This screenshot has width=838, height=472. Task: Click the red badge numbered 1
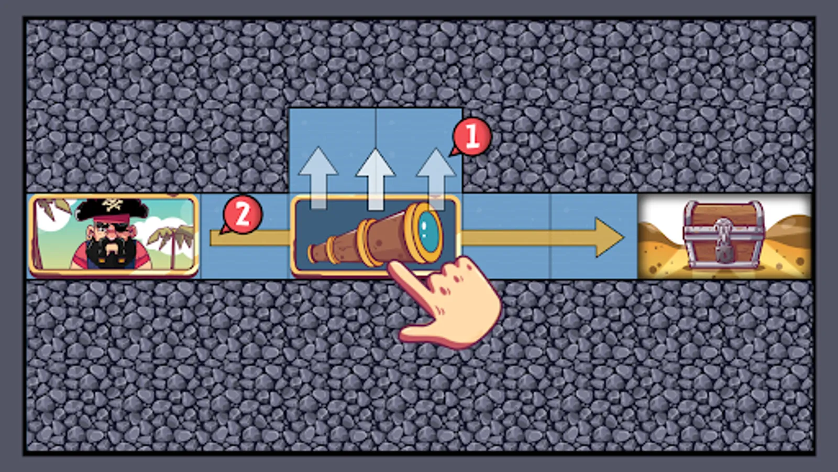pyautogui.click(x=471, y=137)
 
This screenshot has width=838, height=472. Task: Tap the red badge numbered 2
pyautogui.click(x=242, y=215)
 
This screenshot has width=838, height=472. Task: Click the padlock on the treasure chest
pyautogui.click(x=723, y=247)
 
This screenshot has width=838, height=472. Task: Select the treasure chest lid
pyautogui.click(x=723, y=215)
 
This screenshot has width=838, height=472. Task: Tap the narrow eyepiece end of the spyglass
pyautogui.click(x=312, y=253)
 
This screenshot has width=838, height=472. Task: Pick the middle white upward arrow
pyautogui.click(x=375, y=179)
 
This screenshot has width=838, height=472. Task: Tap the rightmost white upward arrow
pyautogui.click(x=435, y=179)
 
